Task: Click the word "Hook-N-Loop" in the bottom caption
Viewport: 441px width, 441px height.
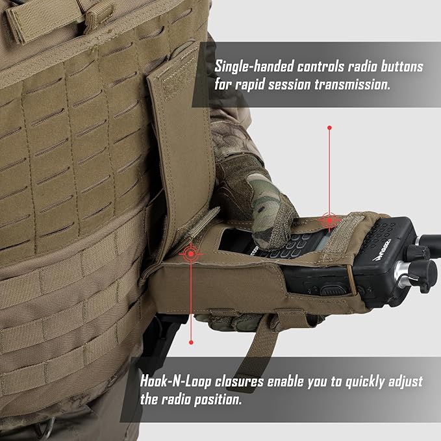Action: [x=175, y=382]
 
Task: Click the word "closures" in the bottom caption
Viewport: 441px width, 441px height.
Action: [x=239, y=382]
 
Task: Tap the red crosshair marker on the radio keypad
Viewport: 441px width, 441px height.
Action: [x=329, y=221]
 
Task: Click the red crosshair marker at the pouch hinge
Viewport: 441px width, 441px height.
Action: [x=191, y=254]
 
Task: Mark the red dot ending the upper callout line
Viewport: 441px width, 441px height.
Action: [x=329, y=128]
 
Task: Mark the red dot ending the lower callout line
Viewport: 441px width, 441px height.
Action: [x=191, y=342]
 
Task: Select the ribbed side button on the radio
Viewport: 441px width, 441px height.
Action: [x=332, y=290]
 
